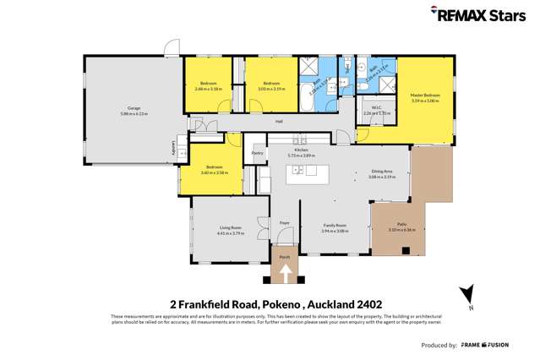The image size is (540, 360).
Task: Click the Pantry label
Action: pyautogui.click(x=257, y=153)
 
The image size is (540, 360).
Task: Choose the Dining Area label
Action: pyautogui.click(x=383, y=172)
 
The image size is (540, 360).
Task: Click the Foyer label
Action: pyautogui.click(x=285, y=223)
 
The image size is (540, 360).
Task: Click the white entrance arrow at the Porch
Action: pyautogui.click(x=285, y=273)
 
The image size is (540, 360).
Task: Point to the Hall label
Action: pyautogui.click(x=278, y=122)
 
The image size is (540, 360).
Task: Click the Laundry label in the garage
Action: pyautogui.click(x=175, y=148)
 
